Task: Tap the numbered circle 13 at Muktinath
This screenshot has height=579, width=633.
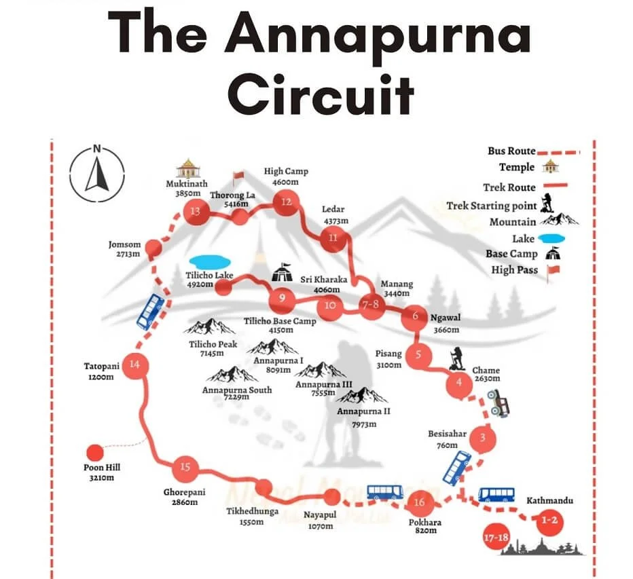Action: coord(196,212)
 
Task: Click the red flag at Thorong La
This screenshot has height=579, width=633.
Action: coord(238,179)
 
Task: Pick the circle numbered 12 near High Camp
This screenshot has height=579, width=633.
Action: coord(286,202)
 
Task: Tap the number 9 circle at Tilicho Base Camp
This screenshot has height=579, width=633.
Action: coord(281,297)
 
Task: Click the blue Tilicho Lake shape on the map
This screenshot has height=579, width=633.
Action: coord(211,261)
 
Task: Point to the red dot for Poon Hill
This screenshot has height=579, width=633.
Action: coord(94,452)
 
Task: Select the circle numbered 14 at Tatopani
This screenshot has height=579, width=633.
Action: coord(134,365)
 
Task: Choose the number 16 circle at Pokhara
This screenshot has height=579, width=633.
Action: coord(419,503)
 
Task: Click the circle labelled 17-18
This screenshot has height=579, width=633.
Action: coord(494,538)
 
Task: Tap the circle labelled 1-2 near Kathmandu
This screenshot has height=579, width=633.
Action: coord(548,521)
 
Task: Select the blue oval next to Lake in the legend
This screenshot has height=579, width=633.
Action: coord(551,238)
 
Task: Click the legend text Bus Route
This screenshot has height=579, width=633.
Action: coord(511,151)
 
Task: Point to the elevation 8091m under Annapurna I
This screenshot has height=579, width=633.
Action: coord(278,371)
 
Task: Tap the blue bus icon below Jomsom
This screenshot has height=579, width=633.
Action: coord(150,310)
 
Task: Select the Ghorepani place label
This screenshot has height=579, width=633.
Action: coord(180,492)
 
